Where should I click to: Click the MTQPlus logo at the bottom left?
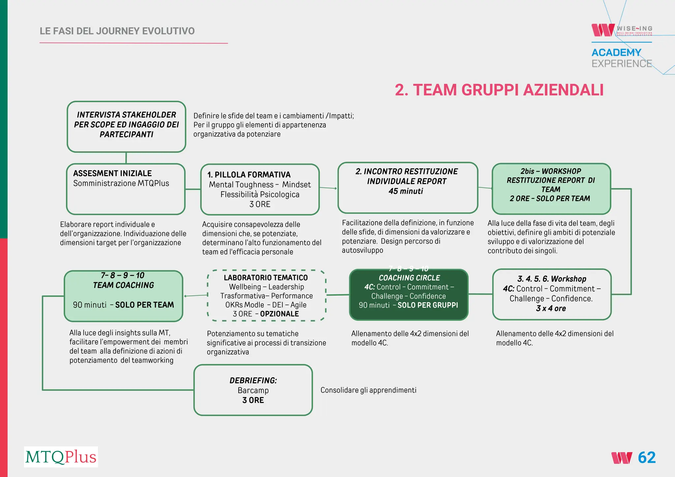(x=61, y=457)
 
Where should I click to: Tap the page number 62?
(x=647, y=458)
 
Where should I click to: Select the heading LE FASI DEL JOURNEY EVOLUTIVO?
(x=117, y=31)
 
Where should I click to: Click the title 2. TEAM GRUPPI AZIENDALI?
(x=499, y=90)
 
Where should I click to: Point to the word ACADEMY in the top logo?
(x=616, y=53)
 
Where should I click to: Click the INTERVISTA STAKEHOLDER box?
(x=126, y=127)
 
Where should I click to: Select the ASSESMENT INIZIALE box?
(x=126, y=189)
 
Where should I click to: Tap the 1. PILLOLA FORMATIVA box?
(x=260, y=189)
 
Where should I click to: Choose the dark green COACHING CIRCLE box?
(x=408, y=294)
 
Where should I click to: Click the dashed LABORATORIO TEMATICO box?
(x=266, y=295)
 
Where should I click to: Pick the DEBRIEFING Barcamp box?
(x=253, y=390)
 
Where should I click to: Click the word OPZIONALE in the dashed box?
(x=279, y=314)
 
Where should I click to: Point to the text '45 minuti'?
(x=406, y=191)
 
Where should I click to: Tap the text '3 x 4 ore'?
(x=551, y=308)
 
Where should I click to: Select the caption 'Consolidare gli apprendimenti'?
(x=368, y=390)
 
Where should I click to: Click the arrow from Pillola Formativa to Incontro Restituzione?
(x=328, y=188)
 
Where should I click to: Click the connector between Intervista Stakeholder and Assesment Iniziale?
(x=126, y=158)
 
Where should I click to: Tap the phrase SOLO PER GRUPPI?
(x=427, y=305)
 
